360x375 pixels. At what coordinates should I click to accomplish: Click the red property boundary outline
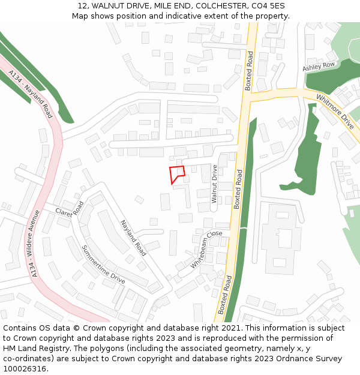point(176,174)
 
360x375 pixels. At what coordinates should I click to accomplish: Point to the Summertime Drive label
point(103,264)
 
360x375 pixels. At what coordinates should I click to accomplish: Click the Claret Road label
point(70,209)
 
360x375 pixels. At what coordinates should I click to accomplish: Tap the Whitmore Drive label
point(335,111)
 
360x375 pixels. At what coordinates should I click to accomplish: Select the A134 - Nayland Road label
point(31,93)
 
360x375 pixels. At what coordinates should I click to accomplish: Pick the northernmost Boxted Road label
point(249,71)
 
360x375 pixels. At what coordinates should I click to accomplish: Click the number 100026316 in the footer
point(26,369)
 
